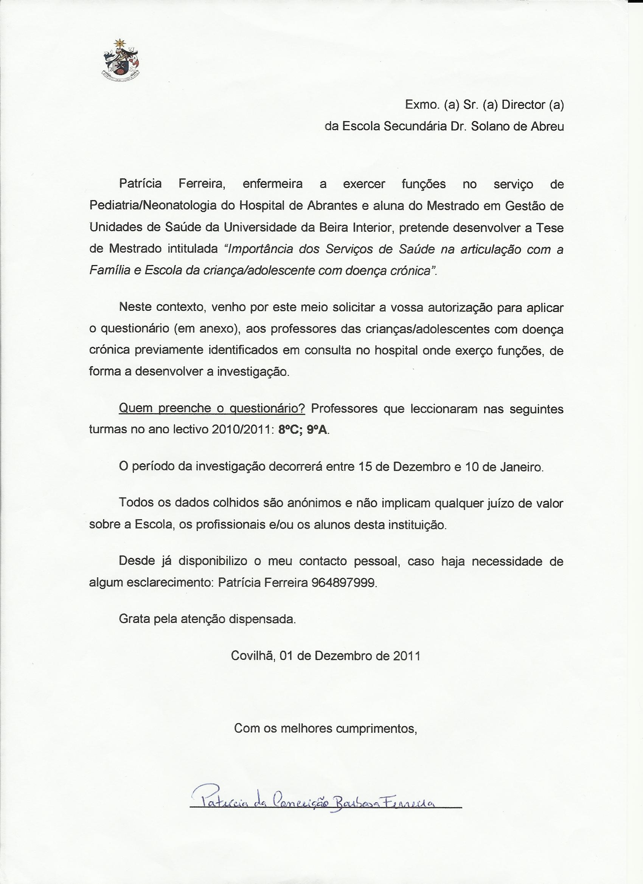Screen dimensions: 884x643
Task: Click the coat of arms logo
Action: click(121, 59)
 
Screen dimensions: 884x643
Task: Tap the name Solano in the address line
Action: click(489, 126)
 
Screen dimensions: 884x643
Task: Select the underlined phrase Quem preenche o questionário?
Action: click(212, 408)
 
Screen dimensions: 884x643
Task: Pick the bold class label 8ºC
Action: click(289, 430)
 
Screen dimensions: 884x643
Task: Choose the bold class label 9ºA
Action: click(318, 430)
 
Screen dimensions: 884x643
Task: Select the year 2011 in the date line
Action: click(406, 656)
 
